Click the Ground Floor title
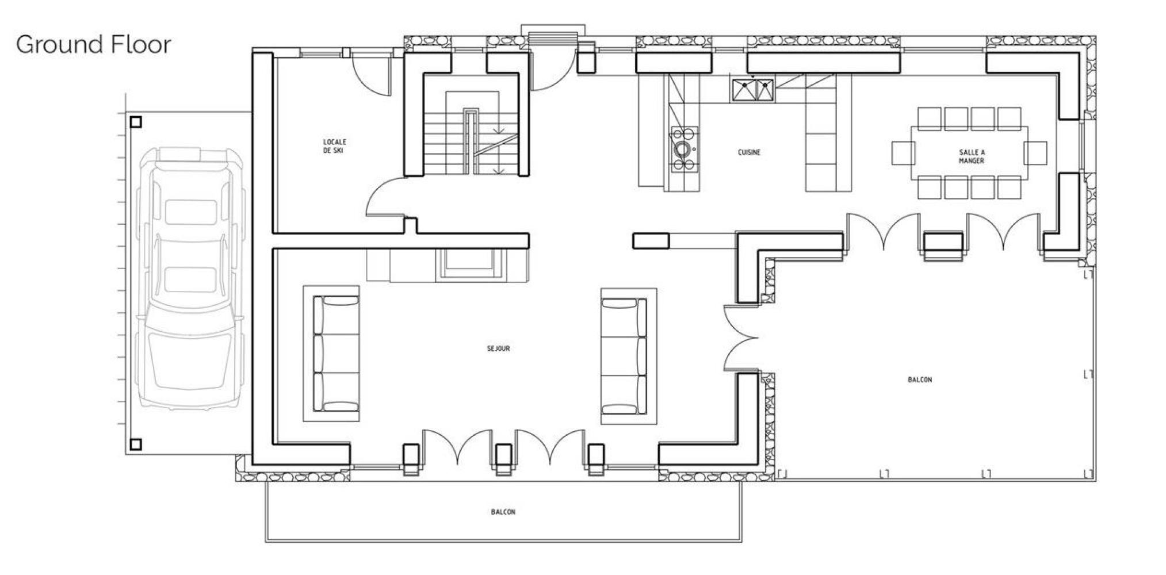(94, 44)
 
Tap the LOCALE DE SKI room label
(334, 146)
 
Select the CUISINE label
(749, 152)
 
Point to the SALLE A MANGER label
(972, 156)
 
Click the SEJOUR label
(498, 348)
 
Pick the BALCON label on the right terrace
(920, 379)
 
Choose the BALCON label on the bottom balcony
(503, 512)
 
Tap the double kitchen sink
(752, 90)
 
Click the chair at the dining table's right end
(1035, 153)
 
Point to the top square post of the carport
(136, 122)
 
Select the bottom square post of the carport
(136, 444)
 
